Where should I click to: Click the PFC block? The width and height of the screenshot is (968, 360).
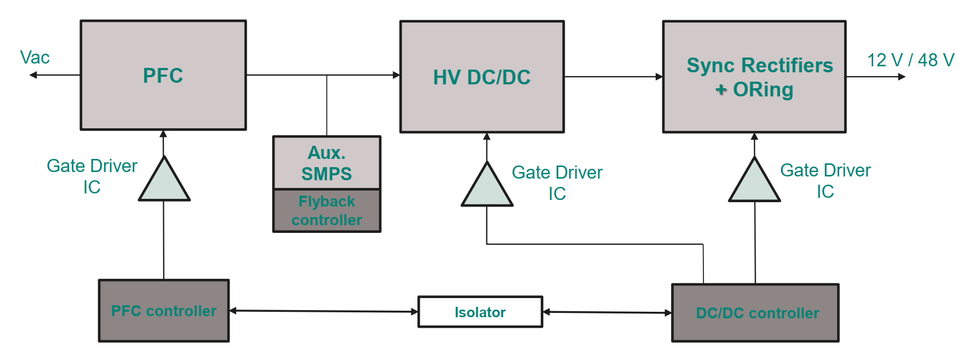[x=163, y=75]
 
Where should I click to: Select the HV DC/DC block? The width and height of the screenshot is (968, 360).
[x=482, y=77]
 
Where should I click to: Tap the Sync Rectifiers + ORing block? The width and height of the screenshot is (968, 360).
[x=754, y=77]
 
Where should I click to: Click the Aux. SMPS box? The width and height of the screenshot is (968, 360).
[x=327, y=163]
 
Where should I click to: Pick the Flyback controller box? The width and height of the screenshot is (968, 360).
[x=327, y=211]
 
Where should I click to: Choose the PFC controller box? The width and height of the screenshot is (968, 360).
[x=164, y=311]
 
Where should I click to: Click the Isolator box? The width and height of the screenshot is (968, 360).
[x=480, y=312]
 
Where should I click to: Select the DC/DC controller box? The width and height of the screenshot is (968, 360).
[x=755, y=313]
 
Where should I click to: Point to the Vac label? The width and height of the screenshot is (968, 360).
[x=35, y=58]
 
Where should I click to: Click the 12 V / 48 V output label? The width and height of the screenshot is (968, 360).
[x=910, y=60]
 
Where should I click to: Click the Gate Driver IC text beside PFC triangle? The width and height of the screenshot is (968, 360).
[x=92, y=176]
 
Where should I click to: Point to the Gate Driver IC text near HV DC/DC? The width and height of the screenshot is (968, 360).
[x=557, y=182]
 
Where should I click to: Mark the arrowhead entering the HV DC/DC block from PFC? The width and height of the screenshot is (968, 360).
[x=397, y=75]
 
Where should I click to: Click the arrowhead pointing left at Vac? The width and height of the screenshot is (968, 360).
[x=33, y=75]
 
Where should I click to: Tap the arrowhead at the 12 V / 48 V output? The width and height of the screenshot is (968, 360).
[x=902, y=77]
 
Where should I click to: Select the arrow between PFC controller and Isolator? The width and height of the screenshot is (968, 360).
[x=323, y=311]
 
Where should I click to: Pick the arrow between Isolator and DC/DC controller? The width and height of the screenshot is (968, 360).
[x=607, y=312]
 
